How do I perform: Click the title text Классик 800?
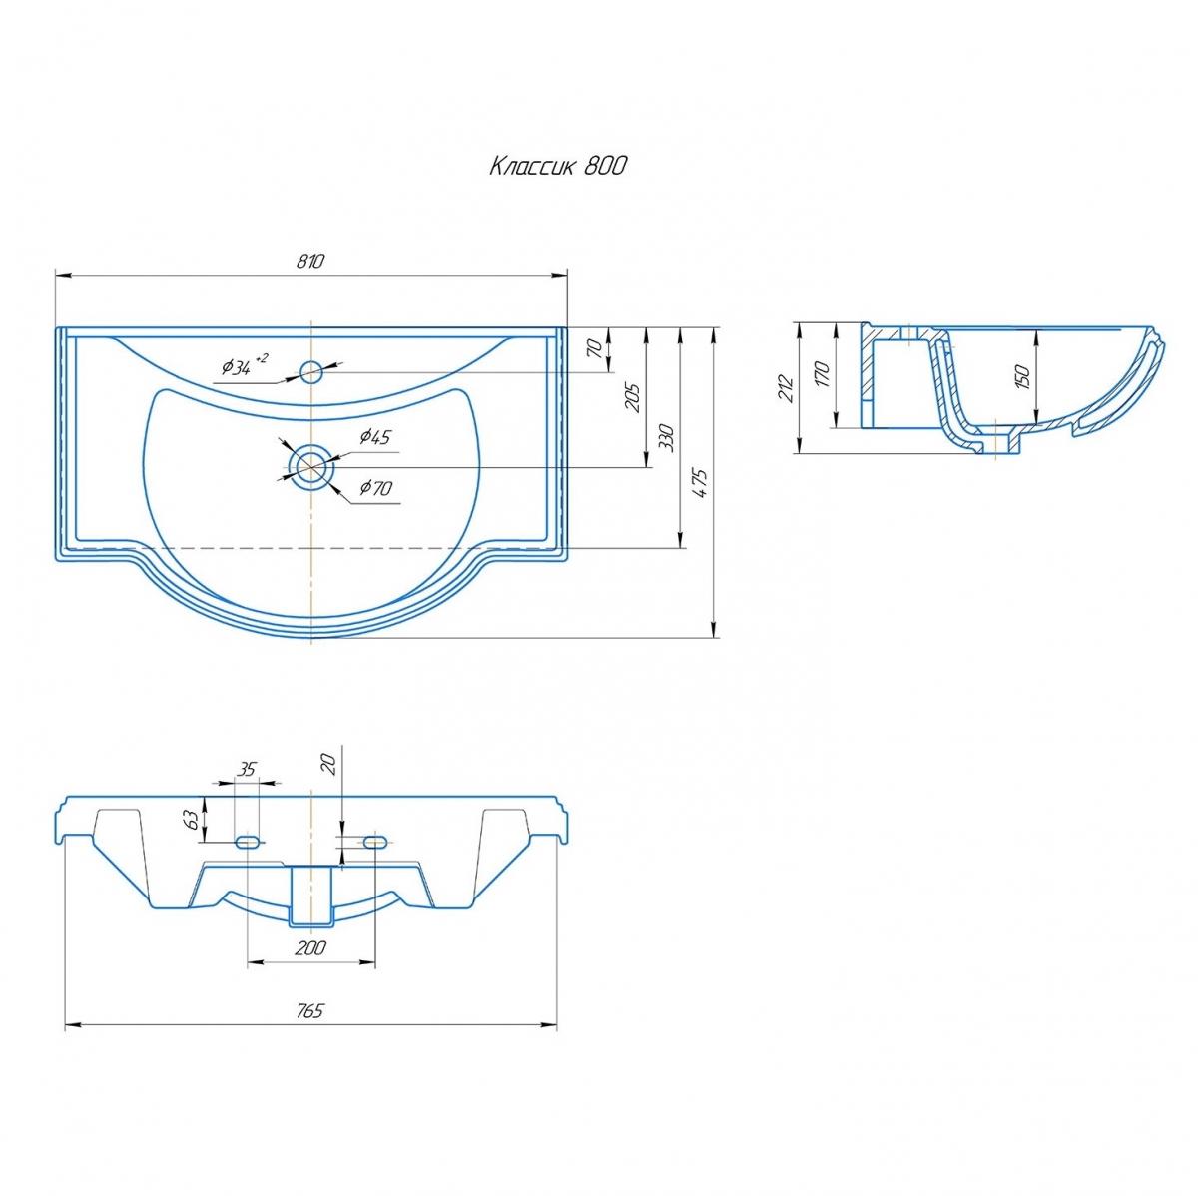pos(558,166)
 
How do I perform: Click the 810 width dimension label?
pos(309,262)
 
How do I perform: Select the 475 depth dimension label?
pos(701,483)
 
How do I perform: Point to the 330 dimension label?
pos(666,438)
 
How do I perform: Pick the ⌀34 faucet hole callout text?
pos(245,365)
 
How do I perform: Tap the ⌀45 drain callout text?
pos(375,437)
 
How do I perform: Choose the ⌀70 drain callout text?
pos(376,488)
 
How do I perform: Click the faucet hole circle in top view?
pos(310,372)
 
